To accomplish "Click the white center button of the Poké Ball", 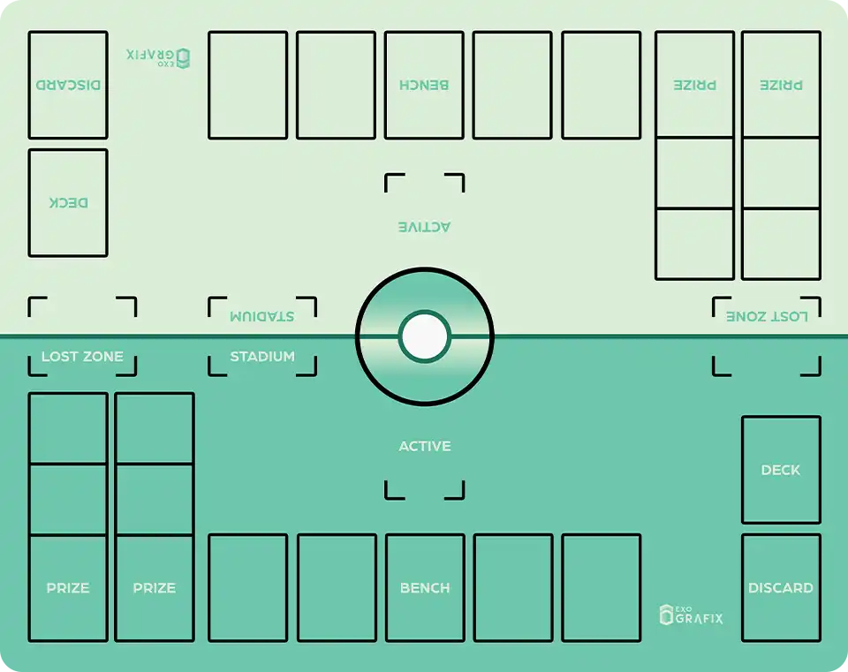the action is pos(425,336).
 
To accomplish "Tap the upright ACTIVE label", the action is pos(425,446).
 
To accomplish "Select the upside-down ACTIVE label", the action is pos(425,227).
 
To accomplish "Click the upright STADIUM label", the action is pos(262,356).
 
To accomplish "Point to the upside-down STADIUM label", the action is pos(262,316).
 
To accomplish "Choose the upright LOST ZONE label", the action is pos(82,356).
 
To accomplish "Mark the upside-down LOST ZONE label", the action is pos(767,316).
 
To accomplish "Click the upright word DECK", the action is pos(780,470).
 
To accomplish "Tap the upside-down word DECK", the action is pos(68,203).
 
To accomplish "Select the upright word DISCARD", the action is pos(780,587).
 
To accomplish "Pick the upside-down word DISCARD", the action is pos(68,85).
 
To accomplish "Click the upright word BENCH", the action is pos(425,587).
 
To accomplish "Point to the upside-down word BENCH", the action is pos(424,85).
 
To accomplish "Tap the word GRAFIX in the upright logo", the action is pos(699,618).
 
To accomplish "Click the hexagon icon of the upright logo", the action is pos(666,615).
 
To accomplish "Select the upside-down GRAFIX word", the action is pos(150,55).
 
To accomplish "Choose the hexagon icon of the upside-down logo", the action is pos(184,58).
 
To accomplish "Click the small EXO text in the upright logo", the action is pos(684,608).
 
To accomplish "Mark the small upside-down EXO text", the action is pos(166,64).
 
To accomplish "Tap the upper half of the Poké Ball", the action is pos(425,302).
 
